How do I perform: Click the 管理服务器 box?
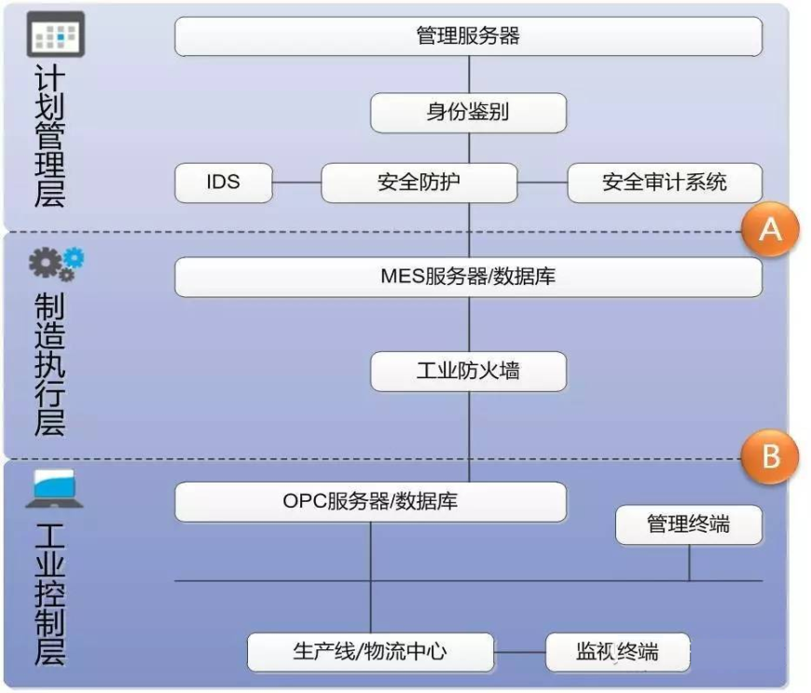(x=468, y=37)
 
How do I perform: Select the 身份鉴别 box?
(x=468, y=113)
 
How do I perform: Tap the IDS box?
(x=224, y=183)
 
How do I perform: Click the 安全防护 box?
(x=419, y=183)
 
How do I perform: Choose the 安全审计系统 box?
(x=665, y=183)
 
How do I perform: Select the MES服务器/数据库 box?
(x=468, y=277)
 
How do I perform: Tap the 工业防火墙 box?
(x=468, y=372)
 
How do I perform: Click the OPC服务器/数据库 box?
(x=370, y=501)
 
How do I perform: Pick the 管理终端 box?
(x=689, y=525)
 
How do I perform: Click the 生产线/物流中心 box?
(x=370, y=651)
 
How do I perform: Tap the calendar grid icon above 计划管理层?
(x=56, y=34)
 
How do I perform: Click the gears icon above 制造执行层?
(x=56, y=264)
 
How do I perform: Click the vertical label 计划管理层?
(x=50, y=136)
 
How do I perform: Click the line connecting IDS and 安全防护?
(x=296, y=183)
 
